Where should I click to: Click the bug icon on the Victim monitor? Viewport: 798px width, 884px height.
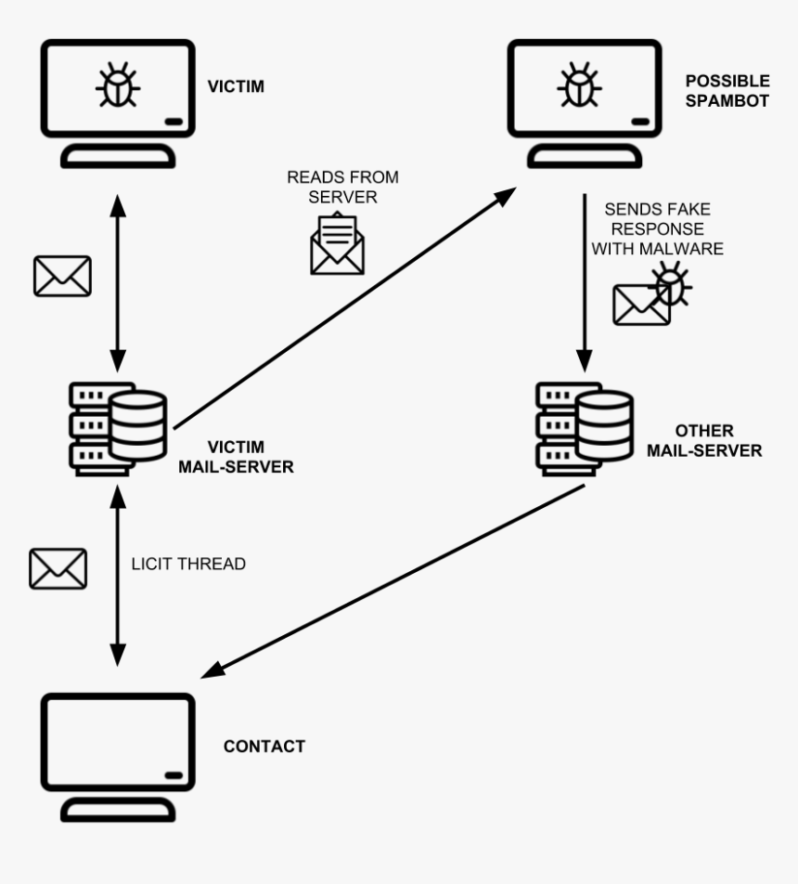[x=119, y=84]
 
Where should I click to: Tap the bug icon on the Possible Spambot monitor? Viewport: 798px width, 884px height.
[x=579, y=84]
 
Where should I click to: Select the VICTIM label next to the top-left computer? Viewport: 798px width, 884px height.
[x=236, y=87]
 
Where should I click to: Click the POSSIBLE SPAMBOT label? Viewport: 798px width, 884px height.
[x=727, y=92]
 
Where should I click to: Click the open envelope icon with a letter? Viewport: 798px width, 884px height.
[x=337, y=244]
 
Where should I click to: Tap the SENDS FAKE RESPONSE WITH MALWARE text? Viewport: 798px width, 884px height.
[x=657, y=228]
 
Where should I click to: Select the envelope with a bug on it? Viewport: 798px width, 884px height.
[x=651, y=294]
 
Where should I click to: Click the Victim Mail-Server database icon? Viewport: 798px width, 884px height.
[x=119, y=426]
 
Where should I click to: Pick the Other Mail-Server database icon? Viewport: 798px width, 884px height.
[x=585, y=426]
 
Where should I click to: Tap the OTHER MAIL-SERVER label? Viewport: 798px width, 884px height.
[x=704, y=441]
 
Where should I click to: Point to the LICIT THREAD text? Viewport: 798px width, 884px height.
[x=189, y=564]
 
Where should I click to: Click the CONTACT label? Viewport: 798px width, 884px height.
[x=264, y=747]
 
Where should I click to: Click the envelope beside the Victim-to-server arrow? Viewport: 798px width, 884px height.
[x=62, y=276]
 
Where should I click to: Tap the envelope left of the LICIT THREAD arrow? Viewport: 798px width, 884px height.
[x=58, y=568]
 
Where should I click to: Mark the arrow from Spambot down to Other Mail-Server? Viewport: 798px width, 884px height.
[x=584, y=279]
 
